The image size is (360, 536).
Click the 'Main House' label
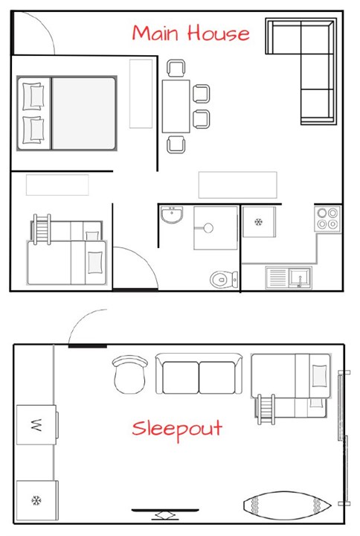tap(190, 33)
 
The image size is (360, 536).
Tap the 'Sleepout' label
tap(177, 430)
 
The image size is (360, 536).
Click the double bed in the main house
tap(67, 112)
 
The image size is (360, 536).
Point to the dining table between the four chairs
tap(176, 106)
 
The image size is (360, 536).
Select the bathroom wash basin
tap(172, 216)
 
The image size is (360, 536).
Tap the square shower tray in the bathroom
tap(214, 228)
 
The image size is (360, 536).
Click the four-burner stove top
tap(327, 218)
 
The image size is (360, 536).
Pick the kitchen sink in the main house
tap(290, 277)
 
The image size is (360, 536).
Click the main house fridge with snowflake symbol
tap(259, 222)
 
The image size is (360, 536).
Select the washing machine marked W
tap(36, 425)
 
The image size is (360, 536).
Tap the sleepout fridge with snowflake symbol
tap(36, 500)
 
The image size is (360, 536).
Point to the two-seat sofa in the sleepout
tap(199, 374)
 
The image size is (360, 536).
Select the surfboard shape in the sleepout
tap(286, 506)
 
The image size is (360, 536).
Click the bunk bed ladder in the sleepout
tap(266, 409)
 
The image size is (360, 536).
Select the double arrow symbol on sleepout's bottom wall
tap(164, 515)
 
